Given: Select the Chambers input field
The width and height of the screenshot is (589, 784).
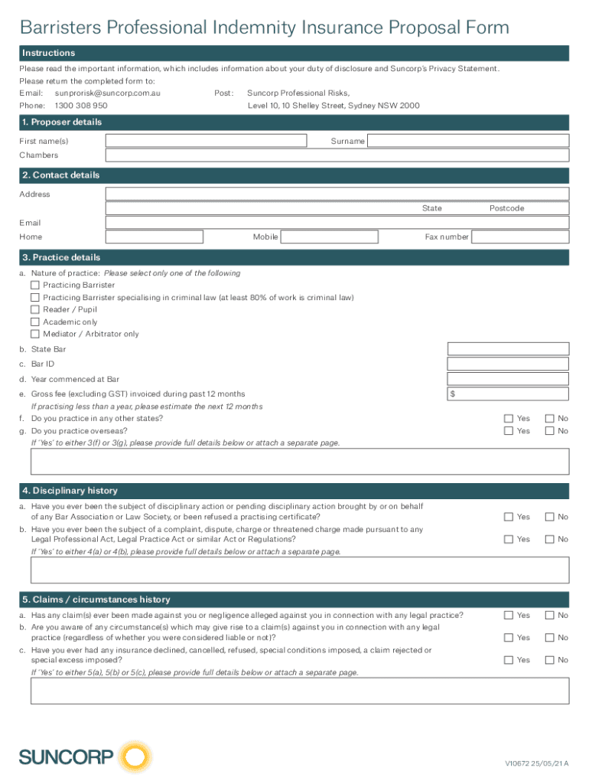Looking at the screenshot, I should point(337,155).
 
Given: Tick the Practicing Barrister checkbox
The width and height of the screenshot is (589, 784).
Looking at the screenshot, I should point(34,285).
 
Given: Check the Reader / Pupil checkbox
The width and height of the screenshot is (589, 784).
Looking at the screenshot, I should point(34,309).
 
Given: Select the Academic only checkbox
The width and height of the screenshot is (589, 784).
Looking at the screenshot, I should point(34,322).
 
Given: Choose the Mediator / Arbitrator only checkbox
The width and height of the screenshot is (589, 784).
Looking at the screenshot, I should point(34,334).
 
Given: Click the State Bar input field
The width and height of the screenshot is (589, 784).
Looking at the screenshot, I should point(508,349).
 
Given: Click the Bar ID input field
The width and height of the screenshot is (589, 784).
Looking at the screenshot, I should point(508,364).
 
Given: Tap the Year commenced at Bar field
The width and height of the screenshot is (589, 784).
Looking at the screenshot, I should point(508,379).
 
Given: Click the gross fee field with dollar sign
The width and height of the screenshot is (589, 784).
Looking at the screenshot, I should point(508,394).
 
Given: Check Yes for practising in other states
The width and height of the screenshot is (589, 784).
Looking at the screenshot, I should point(509,419).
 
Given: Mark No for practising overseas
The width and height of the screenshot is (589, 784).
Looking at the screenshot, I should point(549,431).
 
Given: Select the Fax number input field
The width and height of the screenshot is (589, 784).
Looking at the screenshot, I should point(519,237).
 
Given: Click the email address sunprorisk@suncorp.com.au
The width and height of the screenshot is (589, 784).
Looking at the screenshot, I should point(108,93).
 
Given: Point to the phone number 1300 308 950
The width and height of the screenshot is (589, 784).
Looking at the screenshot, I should point(81,106).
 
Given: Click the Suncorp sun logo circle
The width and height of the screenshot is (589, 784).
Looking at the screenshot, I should point(135,758).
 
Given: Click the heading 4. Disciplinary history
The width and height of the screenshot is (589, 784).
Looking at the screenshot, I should point(70,491).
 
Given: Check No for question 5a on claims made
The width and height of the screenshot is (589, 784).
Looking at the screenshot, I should point(549,616).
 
